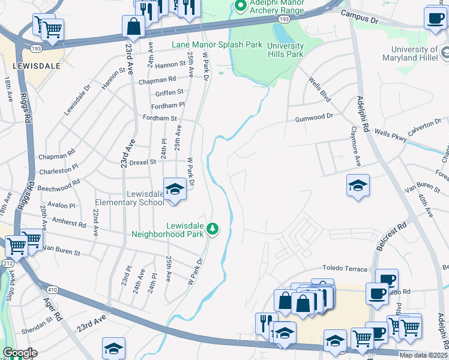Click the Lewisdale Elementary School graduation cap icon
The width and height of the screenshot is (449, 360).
tap(174, 190)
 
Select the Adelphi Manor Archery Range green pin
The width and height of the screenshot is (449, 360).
tap(241, 7)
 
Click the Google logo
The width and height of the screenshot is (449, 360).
tap(20, 353)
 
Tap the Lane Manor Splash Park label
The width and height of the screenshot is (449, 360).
tap(217, 44)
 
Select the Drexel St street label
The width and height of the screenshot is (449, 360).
tap(144, 162)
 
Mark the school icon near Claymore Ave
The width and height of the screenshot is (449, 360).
tap(358, 186)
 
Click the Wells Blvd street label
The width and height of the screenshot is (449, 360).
tap(319, 88)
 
